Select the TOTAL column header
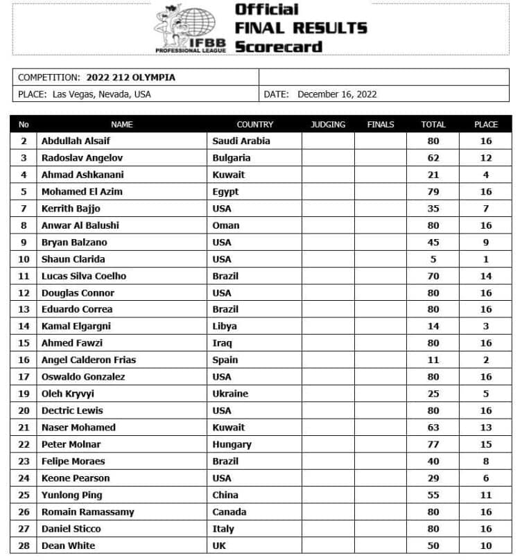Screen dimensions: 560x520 click(433, 125)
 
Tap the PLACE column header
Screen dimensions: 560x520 click(486, 125)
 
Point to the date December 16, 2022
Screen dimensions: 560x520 click(337, 94)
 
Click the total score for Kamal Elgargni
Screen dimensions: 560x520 click(433, 326)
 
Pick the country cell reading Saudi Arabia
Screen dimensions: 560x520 click(241, 141)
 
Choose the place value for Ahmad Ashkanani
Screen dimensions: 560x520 click(486, 175)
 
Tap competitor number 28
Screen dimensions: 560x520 click(24, 545)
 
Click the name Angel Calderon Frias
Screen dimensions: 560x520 click(89, 360)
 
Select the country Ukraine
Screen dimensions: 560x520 click(230, 394)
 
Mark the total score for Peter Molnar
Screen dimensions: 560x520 click(433, 444)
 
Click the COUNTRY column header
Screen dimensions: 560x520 click(255, 125)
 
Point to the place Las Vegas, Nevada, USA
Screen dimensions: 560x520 click(101, 94)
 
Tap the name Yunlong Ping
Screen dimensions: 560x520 click(72, 495)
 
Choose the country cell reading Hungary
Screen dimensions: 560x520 click(232, 444)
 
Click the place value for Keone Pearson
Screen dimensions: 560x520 click(486, 478)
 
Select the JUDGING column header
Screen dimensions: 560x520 click(328, 125)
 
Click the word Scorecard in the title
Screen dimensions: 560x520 click(279, 47)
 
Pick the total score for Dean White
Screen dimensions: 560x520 click(433, 545)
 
